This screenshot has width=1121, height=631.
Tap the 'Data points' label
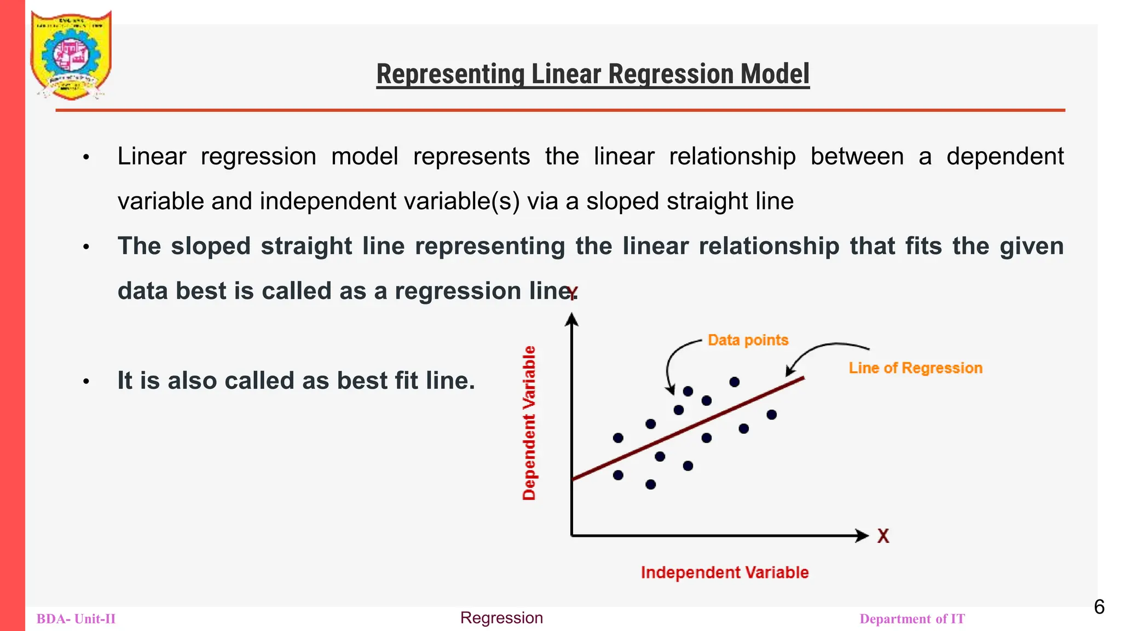[748, 340]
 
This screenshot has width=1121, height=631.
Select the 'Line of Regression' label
[915, 368]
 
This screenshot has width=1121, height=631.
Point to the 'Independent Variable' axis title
[724, 572]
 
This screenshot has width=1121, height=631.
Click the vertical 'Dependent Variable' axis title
[529, 423]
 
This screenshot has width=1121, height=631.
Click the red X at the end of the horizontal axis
[883, 536]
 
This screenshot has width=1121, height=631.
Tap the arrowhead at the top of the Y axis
[571, 319]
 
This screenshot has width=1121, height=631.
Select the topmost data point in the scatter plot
[735, 382]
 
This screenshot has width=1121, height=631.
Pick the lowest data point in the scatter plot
[650, 484]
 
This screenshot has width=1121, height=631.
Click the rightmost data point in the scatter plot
[771, 415]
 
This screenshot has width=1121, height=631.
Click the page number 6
[1099, 607]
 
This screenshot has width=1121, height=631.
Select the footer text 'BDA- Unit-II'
[76, 619]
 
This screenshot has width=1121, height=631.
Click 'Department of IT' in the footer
[912, 619]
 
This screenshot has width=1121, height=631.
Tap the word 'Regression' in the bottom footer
[501, 618]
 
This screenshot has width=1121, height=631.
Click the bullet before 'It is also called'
[86, 381]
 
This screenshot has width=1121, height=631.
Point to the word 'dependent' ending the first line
[1004, 157]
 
